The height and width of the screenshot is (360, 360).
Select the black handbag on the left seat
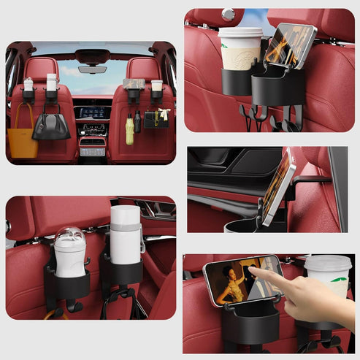click(51, 126)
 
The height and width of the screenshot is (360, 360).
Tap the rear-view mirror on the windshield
click(92, 70)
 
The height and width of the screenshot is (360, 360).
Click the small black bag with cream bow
click(156, 119)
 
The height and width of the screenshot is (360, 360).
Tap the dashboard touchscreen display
click(91, 113)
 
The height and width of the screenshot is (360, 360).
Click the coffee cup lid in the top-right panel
click(240, 33)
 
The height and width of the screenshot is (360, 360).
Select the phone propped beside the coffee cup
click(289, 45)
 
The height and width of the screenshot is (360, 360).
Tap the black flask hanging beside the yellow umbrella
click(137, 120)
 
